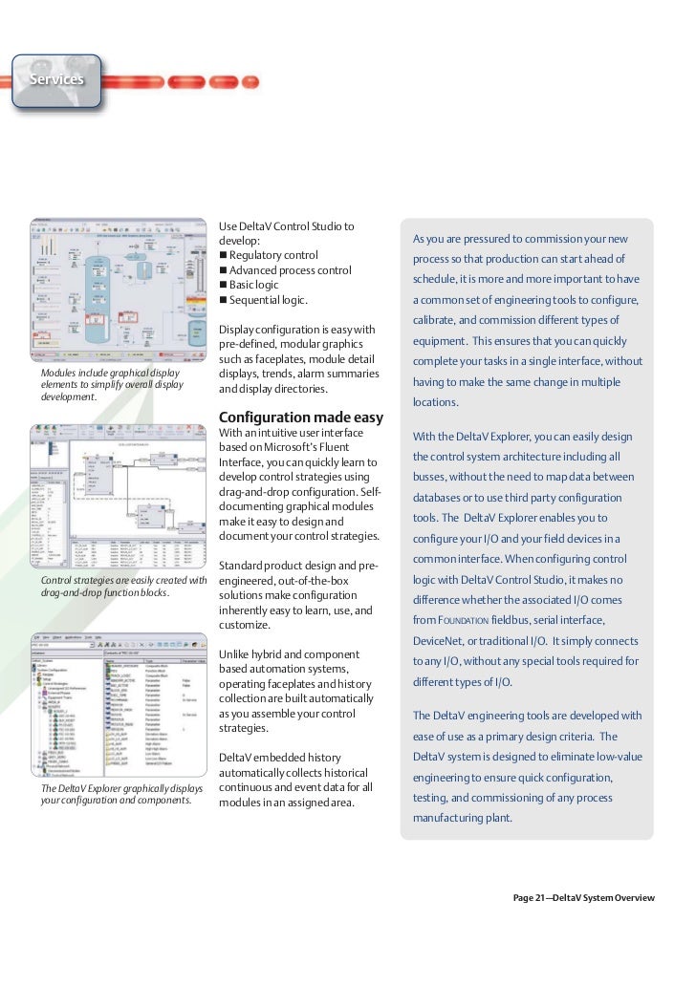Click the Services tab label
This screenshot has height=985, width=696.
click(56, 79)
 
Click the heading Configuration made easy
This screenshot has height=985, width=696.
click(301, 418)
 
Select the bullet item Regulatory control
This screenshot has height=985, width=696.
click(273, 255)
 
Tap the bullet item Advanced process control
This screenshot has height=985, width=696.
click(290, 270)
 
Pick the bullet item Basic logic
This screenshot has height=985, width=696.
click(253, 285)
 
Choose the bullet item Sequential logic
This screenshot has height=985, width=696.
click(268, 300)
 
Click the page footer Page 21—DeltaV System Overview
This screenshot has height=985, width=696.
click(583, 898)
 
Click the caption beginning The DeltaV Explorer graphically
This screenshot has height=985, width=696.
click(121, 794)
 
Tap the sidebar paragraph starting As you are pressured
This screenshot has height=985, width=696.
click(527, 320)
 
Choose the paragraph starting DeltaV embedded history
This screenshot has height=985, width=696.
click(296, 780)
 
